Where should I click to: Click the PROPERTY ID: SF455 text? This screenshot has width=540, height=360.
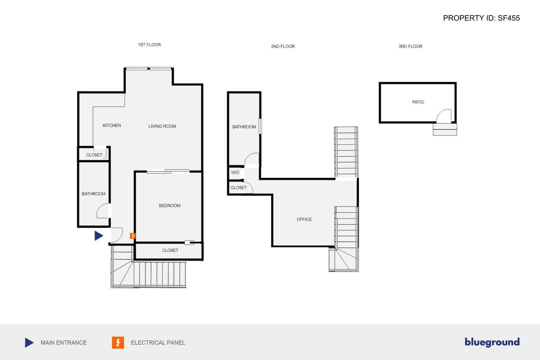tap(481, 18)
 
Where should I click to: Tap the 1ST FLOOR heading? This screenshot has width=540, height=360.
tap(149, 45)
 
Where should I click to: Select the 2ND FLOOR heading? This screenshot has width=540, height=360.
tap(283, 47)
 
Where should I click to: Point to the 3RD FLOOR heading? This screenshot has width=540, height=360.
tap(410, 47)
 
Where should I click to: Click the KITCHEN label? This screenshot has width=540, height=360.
tap(112, 125)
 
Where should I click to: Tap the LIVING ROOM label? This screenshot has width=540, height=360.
tap(162, 126)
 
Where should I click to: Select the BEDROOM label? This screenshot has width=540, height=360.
tap(169, 206)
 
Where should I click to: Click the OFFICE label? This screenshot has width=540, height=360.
tap(304, 220)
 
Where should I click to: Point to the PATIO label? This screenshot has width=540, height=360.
tap(418, 102)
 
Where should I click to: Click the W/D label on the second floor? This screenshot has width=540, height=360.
tap(235, 173)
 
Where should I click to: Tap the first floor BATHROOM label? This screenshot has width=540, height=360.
tap(93, 194)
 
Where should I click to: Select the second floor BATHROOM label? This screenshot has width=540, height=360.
tap(244, 127)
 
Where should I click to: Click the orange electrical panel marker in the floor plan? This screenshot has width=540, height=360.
tap(133, 236)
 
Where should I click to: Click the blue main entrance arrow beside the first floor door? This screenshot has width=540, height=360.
tap(98, 236)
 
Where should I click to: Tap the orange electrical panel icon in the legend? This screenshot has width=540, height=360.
tap(118, 343)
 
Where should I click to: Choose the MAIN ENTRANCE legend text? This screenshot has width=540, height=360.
tap(64, 343)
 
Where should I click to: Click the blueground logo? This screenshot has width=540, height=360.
tap(492, 342)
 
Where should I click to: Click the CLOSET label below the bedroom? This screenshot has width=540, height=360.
tap(170, 251)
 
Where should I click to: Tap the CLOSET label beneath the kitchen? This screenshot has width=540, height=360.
tap(94, 155)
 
